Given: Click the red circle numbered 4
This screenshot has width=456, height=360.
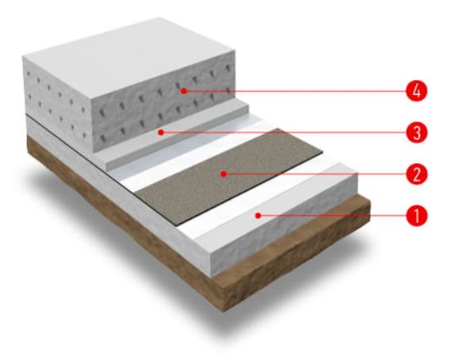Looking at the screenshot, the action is [416, 90].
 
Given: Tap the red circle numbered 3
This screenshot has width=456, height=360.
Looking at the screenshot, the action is [416, 132].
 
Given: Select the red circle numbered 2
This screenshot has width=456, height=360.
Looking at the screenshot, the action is [416, 174].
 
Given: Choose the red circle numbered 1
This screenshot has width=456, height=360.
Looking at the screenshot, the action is [416, 216].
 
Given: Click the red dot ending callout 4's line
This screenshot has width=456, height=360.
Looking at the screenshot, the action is [183, 91].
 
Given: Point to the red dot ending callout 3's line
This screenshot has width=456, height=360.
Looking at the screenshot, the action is [161, 132].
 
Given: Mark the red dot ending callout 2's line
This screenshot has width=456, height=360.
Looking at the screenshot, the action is [224, 174].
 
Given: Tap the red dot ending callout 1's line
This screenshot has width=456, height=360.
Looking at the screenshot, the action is [258, 216].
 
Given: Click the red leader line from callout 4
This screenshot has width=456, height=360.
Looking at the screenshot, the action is [296, 91].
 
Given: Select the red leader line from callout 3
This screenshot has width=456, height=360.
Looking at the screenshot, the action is [285, 132].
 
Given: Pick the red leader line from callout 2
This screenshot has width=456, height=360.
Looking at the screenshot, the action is [316, 174].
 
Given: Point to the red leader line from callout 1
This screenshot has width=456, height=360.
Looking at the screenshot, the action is [333, 216].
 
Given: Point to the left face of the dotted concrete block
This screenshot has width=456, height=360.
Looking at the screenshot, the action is [58, 105].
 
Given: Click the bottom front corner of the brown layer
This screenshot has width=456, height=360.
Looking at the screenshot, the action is [224, 311].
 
